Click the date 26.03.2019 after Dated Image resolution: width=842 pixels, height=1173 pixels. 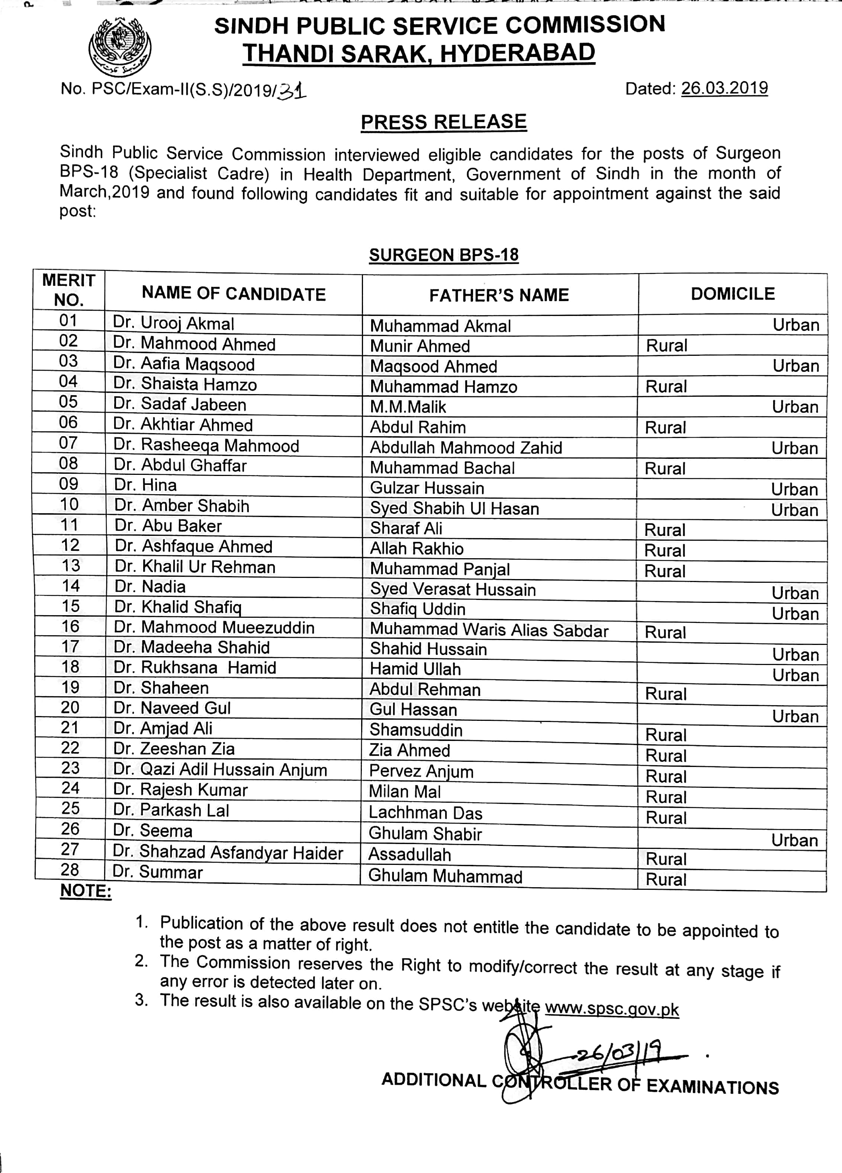[x=724, y=89]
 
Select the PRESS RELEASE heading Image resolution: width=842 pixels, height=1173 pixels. [x=443, y=122]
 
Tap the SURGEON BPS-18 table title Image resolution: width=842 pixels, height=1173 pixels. [x=443, y=255]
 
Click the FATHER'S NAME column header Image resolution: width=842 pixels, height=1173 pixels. [x=499, y=295]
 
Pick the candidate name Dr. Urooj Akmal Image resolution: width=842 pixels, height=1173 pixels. [x=174, y=323]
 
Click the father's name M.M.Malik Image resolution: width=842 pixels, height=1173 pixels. [x=408, y=407]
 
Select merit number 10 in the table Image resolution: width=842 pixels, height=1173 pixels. [x=69, y=504]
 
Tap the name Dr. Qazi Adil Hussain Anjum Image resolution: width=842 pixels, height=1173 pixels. [x=220, y=770]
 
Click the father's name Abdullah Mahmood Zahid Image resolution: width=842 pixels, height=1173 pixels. [x=466, y=447]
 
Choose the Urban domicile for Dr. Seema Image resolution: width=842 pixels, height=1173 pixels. [x=794, y=840]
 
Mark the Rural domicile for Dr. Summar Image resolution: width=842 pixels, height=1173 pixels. [x=666, y=880]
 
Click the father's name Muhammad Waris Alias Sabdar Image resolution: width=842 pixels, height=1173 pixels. [x=489, y=630]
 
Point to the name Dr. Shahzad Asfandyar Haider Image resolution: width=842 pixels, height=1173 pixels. [x=228, y=852]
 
